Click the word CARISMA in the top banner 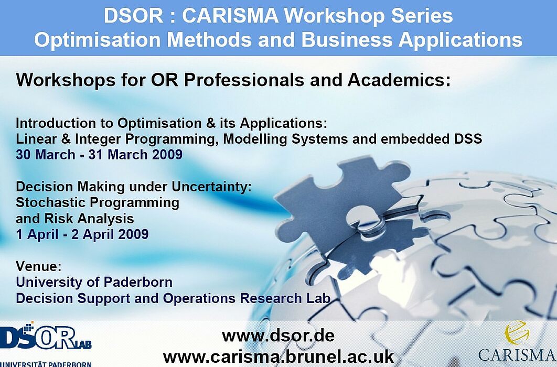coord(230,16)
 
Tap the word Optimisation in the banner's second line coord(97,40)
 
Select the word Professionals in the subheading coord(244,80)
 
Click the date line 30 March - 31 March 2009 coord(99,155)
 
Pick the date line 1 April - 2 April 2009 coord(82,234)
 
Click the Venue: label coord(39,266)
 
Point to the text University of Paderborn coord(94,282)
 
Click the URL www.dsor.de coord(278,336)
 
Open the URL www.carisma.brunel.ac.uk coord(278,357)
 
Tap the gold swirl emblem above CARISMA coord(517,332)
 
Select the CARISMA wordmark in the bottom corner coord(517,354)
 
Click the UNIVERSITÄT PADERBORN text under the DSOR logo coord(46,364)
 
